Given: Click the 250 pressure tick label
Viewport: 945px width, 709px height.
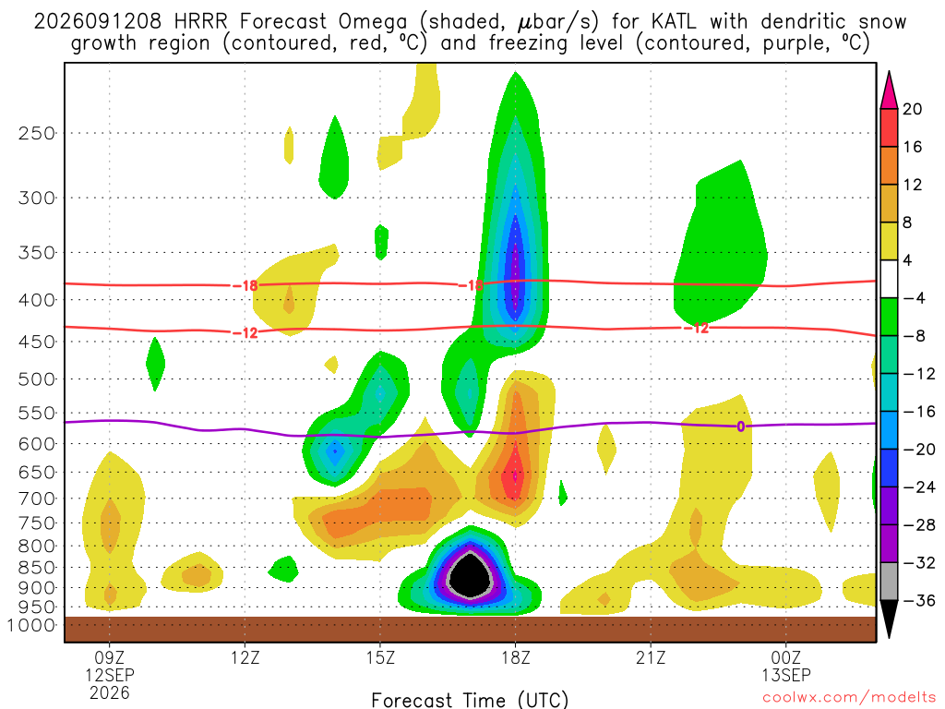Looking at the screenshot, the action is point(37,133).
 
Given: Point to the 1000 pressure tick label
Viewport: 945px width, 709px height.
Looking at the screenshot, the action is point(31,625).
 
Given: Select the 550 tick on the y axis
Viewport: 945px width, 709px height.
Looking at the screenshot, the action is point(37,413).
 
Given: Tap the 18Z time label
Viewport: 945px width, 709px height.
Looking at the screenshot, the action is point(515,657).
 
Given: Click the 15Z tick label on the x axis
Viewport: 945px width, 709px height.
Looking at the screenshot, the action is point(380,657).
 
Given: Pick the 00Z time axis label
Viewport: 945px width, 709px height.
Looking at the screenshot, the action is point(786,657).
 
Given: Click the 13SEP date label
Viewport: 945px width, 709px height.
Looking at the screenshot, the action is point(786,675).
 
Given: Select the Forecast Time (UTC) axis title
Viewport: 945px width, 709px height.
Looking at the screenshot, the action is point(470,700).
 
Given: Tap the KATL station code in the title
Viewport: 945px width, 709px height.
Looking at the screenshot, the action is point(674,22).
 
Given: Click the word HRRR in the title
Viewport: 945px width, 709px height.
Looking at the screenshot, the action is point(200,22).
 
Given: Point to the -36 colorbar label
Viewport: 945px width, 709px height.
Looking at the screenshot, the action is point(918,600).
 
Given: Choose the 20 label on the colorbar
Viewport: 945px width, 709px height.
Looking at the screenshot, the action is point(913,109).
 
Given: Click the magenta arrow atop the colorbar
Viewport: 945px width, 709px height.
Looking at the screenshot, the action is point(889,90).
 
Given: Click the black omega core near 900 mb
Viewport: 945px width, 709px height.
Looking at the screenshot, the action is point(471,575).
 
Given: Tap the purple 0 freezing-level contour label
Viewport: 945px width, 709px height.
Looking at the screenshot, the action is point(741,427).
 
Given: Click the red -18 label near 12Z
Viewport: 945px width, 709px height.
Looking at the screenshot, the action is point(245,285).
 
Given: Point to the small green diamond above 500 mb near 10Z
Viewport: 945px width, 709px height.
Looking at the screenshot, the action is point(155,364).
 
